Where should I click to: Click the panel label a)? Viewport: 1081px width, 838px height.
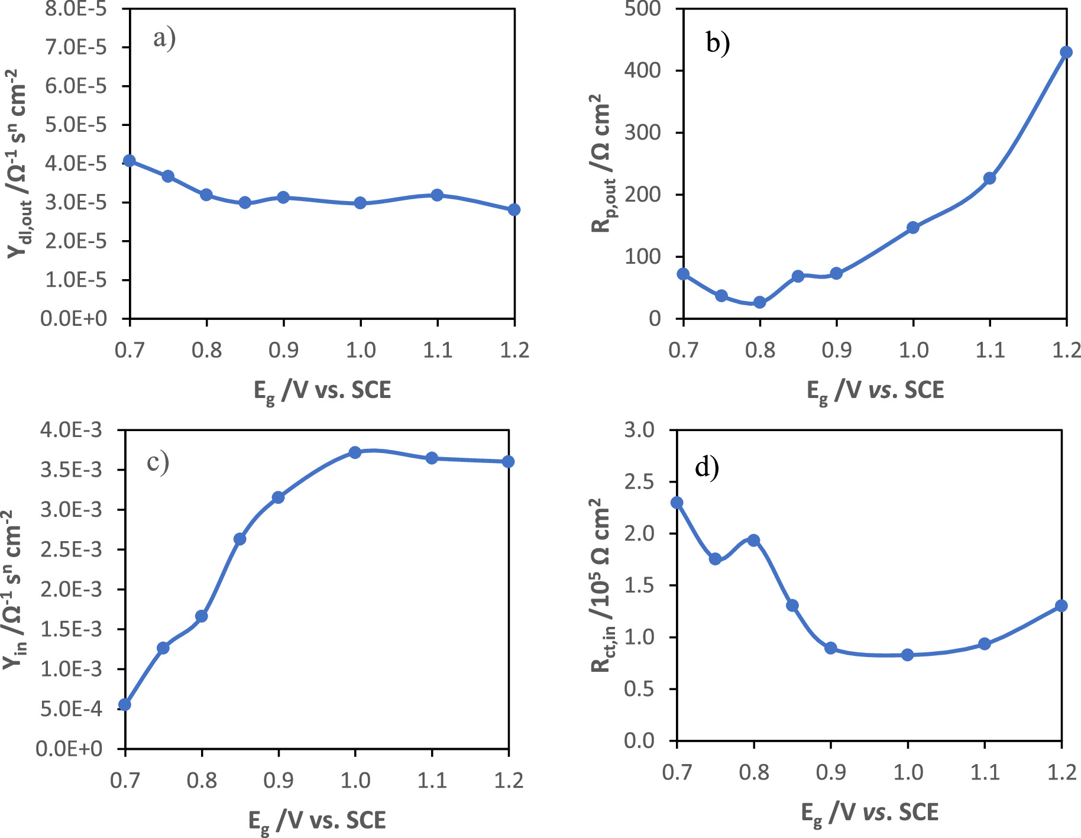(x=164, y=39)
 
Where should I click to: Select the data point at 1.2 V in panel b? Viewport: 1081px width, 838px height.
(x=1066, y=52)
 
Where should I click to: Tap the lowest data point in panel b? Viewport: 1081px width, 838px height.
(x=760, y=302)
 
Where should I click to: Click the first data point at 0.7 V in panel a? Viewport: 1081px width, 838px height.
(x=130, y=161)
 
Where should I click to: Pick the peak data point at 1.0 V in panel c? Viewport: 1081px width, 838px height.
(x=355, y=452)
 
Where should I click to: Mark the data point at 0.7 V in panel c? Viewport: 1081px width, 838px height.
(x=125, y=704)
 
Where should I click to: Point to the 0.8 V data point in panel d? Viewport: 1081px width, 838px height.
(x=753, y=540)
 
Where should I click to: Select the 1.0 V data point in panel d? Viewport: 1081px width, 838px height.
(x=908, y=655)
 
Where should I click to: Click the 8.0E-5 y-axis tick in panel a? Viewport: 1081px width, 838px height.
(x=76, y=8)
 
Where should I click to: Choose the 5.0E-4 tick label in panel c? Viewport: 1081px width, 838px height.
(x=71, y=708)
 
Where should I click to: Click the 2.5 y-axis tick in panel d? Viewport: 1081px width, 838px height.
(x=640, y=482)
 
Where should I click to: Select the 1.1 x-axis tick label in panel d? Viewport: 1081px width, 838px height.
(x=985, y=772)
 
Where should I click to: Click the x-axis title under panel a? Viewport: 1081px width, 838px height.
(x=322, y=391)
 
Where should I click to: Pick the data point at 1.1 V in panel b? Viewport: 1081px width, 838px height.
(x=989, y=178)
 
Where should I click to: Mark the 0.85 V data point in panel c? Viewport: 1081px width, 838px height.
(x=239, y=539)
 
